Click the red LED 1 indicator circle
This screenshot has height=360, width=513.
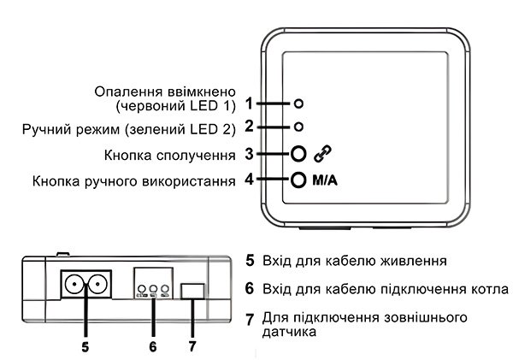point(298,103)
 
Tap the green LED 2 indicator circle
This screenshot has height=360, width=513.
point(298,127)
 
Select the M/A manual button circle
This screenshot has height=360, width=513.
point(298,180)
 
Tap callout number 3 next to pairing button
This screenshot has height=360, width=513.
point(248,154)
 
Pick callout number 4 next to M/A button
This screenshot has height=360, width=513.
point(248,180)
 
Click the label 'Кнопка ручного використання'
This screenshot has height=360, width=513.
point(133,181)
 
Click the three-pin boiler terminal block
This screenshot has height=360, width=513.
point(152,285)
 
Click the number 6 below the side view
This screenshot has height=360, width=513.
point(152,347)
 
